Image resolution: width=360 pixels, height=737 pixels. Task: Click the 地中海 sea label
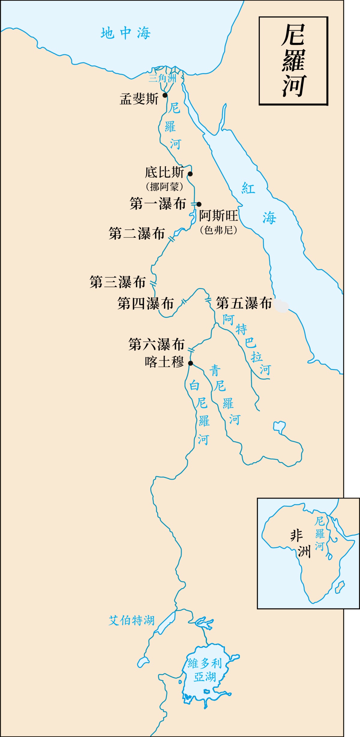click(125, 33)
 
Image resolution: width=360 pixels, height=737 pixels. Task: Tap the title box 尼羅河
click(293, 61)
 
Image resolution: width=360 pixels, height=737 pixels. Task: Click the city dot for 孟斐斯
click(165, 95)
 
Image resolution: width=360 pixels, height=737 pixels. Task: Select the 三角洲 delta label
click(162, 79)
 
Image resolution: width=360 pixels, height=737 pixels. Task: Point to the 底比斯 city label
click(164, 172)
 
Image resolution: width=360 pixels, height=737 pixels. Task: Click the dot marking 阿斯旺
click(199, 204)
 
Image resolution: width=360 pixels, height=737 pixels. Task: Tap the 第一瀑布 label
click(158, 204)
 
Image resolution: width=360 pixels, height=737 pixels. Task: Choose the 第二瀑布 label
click(137, 234)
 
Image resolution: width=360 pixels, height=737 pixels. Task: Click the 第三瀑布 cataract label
click(118, 282)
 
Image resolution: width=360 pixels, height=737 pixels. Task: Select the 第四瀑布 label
click(145, 304)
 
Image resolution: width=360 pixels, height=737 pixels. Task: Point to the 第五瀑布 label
click(244, 303)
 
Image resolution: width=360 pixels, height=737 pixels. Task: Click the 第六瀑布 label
click(156, 344)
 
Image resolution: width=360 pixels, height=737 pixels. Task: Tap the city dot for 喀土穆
click(190, 363)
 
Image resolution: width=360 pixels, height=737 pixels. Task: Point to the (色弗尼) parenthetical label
click(218, 230)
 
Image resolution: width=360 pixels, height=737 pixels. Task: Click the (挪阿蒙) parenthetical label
click(164, 187)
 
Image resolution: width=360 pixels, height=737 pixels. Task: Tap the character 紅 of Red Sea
click(248, 188)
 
